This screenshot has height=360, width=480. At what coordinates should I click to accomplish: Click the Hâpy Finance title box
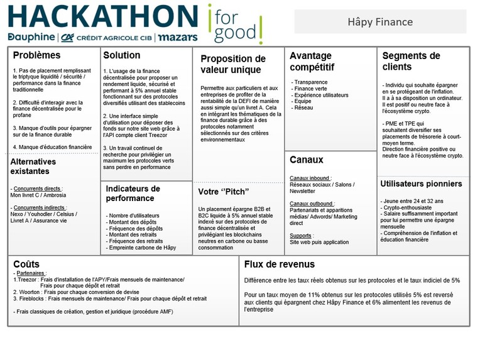pyautogui.click(x=380, y=22)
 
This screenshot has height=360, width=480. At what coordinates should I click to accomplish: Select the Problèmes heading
pyautogui.click(x=36, y=55)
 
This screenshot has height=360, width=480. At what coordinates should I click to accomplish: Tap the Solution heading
pyautogui.click(x=122, y=55)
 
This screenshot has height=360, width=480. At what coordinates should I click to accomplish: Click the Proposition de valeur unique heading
pyautogui.click(x=232, y=64)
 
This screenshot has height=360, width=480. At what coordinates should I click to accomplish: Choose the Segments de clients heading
pyautogui.click(x=411, y=61)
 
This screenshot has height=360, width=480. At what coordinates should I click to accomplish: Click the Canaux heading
pyautogui.click(x=306, y=160)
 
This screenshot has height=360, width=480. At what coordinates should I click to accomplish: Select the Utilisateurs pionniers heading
pyautogui.click(x=421, y=184)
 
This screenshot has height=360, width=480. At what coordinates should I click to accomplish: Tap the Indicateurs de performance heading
pyautogui.click(x=133, y=194)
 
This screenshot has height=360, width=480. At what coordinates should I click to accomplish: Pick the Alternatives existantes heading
pyautogui.click(x=33, y=166)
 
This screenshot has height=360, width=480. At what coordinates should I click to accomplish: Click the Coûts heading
pyautogui.click(x=26, y=265)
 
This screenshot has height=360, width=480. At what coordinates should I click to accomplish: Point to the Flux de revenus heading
pyautogui.click(x=279, y=265)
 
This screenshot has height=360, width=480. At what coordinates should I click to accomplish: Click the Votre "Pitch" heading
pyautogui.click(x=224, y=192)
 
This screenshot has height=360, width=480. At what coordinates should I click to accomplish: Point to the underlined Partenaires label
pyautogui.click(x=30, y=273)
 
